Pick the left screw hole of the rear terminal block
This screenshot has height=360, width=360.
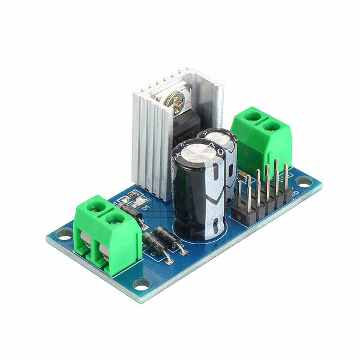pyautogui.click(x=253, y=115)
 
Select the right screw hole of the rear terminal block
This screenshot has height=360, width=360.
pyautogui.click(x=272, y=126)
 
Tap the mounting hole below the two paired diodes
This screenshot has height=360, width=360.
pyautogui.click(x=142, y=283)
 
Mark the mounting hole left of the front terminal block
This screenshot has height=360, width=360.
pyautogui.click(x=64, y=232)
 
